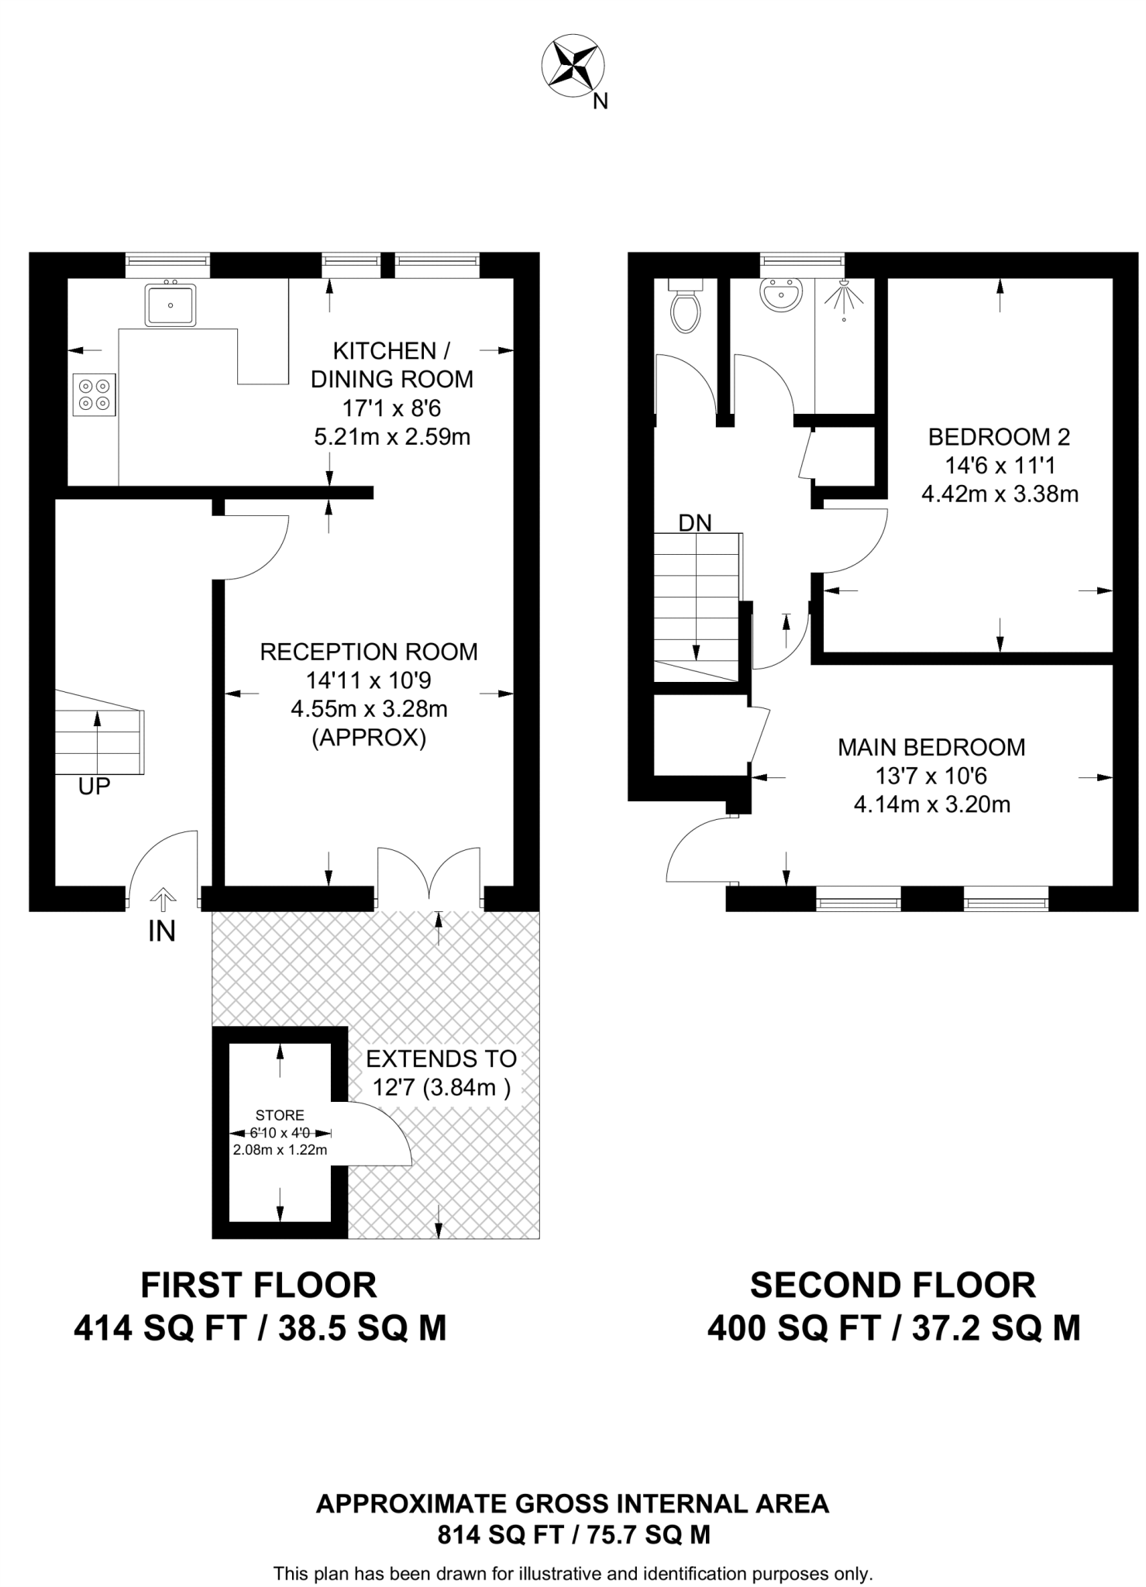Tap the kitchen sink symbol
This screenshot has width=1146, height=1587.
[x=170, y=304]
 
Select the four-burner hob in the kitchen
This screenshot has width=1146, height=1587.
[x=94, y=394]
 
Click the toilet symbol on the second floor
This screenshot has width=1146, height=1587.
[x=686, y=308]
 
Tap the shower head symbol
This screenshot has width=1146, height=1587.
[x=843, y=298]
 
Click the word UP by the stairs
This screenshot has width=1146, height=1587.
[x=95, y=787]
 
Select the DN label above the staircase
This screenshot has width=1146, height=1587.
[x=694, y=523]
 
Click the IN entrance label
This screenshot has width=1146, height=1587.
[x=162, y=931]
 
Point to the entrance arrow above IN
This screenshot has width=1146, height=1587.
[x=162, y=899]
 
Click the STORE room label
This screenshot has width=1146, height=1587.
[x=280, y=1115]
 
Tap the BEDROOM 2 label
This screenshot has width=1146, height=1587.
[x=999, y=437]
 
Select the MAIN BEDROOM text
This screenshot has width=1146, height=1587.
[x=931, y=747]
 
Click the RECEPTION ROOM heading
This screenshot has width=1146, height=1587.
[x=369, y=652]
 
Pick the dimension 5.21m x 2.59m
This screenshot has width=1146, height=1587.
[x=392, y=436]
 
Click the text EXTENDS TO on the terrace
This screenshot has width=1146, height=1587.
[x=441, y=1059]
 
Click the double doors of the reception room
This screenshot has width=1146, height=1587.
[x=428, y=874]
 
